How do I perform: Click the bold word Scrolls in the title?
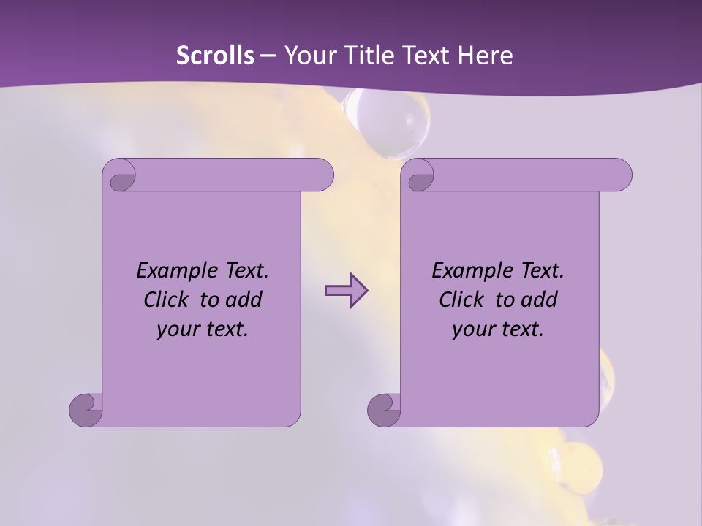[x=215, y=56]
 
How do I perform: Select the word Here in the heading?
[x=485, y=56]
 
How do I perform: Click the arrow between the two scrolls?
[x=346, y=291]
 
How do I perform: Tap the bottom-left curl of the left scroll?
[x=86, y=409]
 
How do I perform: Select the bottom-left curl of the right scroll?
[x=384, y=409]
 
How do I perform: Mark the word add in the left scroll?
[x=243, y=300]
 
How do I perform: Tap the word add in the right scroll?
[x=538, y=300]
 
